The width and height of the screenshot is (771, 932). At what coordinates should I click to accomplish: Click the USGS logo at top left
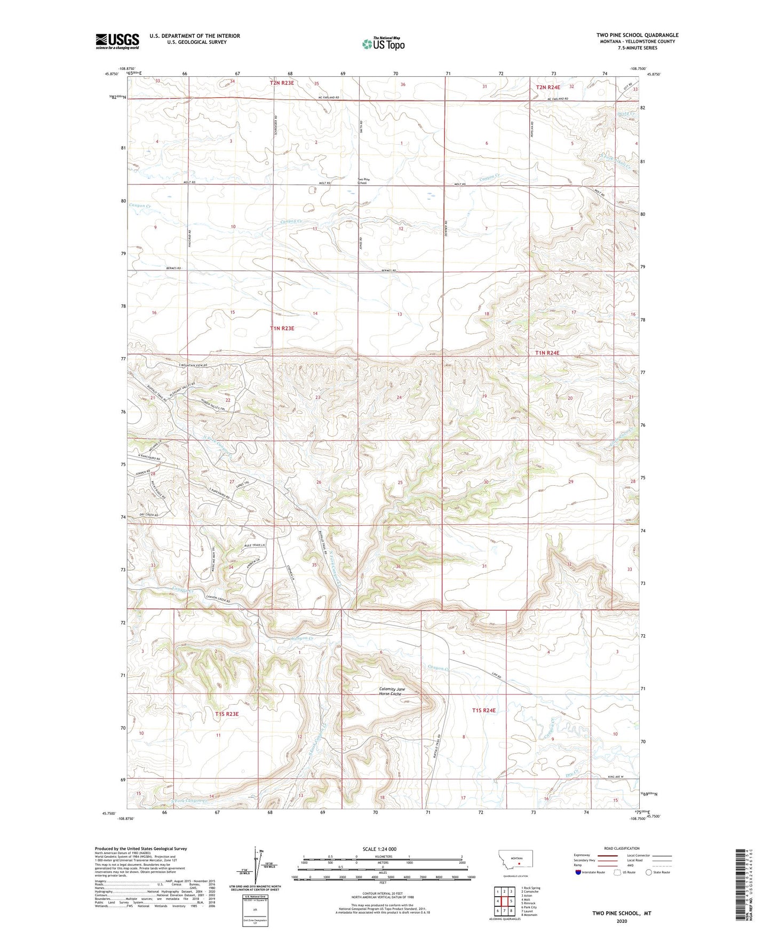click(x=117, y=41)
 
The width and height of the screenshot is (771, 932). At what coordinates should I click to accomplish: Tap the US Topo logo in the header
click(x=383, y=44)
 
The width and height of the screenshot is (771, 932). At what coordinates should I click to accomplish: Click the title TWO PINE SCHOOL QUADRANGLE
click(x=637, y=35)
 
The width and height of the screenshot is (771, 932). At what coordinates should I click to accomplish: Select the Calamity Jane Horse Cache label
click(x=392, y=691)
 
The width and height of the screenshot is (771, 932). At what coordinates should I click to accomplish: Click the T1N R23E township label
click(x=282, y=328)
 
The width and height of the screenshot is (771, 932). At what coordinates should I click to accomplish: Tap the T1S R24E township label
click(x=484, y=710)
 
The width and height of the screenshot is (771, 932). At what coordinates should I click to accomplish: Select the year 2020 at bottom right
click(x=622, y=921)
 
